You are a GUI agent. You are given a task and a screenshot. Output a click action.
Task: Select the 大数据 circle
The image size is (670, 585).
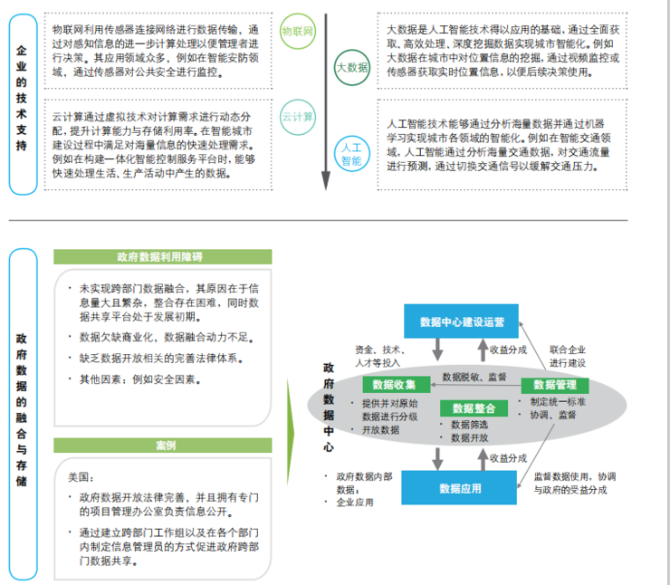click(x=352, y=67)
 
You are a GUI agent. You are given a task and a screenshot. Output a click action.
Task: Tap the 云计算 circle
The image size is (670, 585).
click(x=298, y=117)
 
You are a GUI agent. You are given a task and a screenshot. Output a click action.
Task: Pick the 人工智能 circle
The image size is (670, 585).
click(x=351, y=153)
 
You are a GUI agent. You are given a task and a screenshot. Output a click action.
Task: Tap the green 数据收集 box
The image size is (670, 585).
click(x=393, y=384)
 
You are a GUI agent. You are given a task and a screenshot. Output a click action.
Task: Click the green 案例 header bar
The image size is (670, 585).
click(x=164, y=446)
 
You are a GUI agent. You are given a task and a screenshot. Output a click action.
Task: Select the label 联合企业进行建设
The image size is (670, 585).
click(x=568, y=356)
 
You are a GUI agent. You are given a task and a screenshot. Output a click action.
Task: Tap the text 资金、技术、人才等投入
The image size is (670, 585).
click(x=379, y=356)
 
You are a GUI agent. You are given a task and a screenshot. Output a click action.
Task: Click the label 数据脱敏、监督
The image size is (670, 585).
click(x=474, y=376)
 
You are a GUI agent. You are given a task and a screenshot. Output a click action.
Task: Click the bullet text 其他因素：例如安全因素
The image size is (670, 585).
click(x=139, y=379)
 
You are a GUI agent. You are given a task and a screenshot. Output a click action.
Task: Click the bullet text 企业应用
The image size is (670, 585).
click(x=355, y=502)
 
